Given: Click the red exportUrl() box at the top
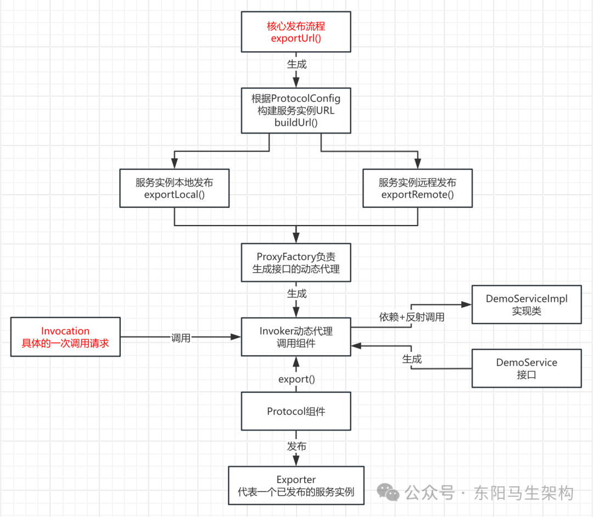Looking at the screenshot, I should pos(296,32).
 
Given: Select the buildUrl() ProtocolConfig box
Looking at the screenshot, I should pos(296,110).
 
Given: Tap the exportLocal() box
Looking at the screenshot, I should pos(174,188).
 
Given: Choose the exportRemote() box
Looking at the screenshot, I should pos(417,188).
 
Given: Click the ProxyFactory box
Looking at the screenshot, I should pos(296,262).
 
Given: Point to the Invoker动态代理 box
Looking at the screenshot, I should pos(296,337).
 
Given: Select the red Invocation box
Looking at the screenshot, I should pos(65,337).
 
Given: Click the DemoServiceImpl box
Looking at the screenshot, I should pos(527,305).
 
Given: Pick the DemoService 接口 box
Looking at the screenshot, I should pos(527,369).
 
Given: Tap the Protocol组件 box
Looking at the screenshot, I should pos(296,411).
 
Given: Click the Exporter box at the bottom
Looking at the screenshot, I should pos(296,485).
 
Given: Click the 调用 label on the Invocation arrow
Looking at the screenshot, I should pos(181,338).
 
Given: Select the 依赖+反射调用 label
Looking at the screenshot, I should pos(412,317).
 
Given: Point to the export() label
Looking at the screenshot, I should pos(296,379).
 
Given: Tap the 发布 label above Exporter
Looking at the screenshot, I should pos(296,446).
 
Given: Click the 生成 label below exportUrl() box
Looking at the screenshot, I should pos(296,64).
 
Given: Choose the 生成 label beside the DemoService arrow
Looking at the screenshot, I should pos(412,359).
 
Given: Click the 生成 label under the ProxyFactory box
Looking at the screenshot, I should pos(296,294).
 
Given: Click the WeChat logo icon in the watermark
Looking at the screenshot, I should pos(391,492).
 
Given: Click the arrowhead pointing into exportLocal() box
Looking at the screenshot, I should pos(174,164).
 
